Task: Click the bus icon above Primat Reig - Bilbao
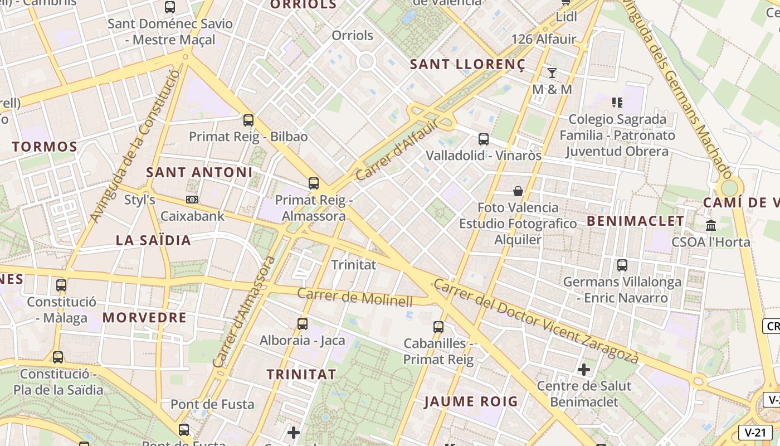click(248, 120)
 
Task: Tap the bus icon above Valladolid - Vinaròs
click(484, 139)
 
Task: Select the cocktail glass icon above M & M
click(552, 72)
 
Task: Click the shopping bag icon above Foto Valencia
click(518, 191)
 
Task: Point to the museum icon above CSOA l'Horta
click(711, 226)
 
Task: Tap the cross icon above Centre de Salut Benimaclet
click(584, 369)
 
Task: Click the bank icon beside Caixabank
click(192, 199)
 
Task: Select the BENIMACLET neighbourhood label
click(636, 221)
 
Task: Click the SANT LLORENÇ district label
click(468, 65)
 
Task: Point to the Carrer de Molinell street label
click(355, 297)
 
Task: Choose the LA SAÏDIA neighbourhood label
click(153, 240)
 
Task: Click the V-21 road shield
click(755, 432)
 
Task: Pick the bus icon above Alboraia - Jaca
click(303, 323)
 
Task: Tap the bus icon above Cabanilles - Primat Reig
click(438, 327)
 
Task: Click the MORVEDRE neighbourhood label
click(144, 318)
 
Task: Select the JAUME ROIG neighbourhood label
click(471, 401)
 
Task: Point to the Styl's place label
click(139, 200)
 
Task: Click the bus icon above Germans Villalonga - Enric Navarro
click(622, 265)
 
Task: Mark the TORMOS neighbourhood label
click(45, 147)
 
